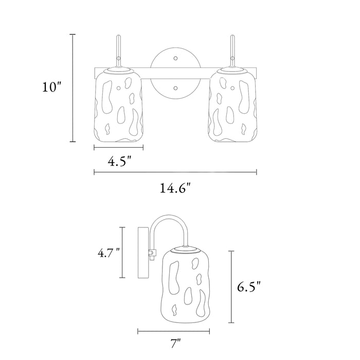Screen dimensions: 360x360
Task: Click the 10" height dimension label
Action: pyautogui.click(x=52, y=87)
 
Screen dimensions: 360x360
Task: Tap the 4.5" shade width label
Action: pyautogui.click(x=119, y=161)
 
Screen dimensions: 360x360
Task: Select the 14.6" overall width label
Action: pyautogui.click(x=175, y=188)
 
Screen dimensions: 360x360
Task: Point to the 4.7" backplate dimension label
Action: pyautogui.click(x=109, y=253)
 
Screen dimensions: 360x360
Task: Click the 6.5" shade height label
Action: pyautogui.click(x=249, y=286)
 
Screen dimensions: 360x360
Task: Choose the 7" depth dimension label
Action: pyautogui.click(x=176, y=344)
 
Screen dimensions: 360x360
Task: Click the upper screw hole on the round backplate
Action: pyautogui.click(x=175, y=58)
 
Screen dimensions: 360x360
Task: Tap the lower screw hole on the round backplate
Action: pyautogui.click(x=175, y=88)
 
